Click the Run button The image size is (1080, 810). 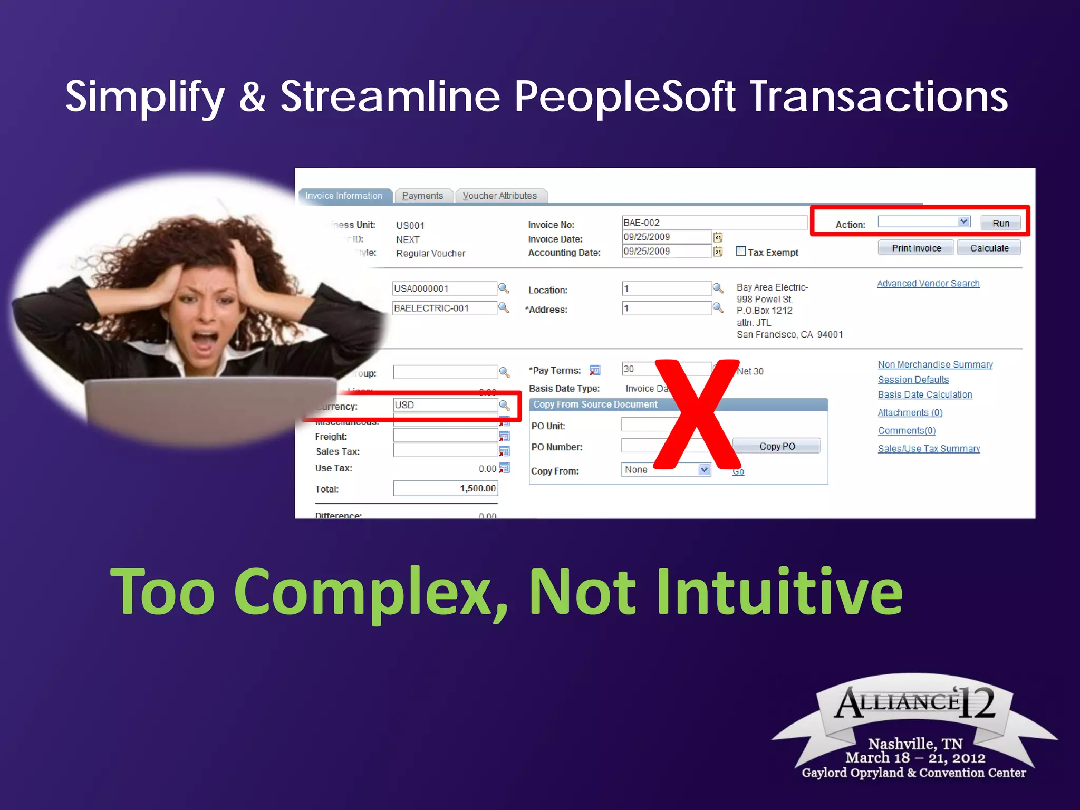pyautogui.click(x=1000, y=223)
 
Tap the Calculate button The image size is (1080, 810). pyautogui.click(x=989, y=248)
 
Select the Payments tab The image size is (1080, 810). pyautogui.click(x=422, y=196)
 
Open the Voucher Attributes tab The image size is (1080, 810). pyautogui.click(x=499, y=196)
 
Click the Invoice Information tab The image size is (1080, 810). pyautogui.click(x=344, y=196)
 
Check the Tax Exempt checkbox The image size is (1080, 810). pyautogui.click(x=741, y=252)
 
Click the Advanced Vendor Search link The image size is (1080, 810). pyautogui.click(x=928, y=284)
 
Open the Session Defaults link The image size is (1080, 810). pyautogui.click(x=913, y=380)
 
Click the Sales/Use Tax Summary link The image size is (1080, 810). pyautogui.click(x=929, y=449)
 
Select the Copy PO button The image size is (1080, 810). pyautogui.click(x=777, y=446)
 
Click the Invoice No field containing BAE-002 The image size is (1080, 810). pyautogui.click(x=714, y=223)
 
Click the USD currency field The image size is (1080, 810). pyautogui.click(x=445, y=405)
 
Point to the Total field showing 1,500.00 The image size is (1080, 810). pyautogui.click(x=445, y=488)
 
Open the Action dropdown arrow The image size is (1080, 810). pyautogui.click(x=963, y=221)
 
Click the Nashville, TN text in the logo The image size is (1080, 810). pyautogui.click(x=915, y=744)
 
